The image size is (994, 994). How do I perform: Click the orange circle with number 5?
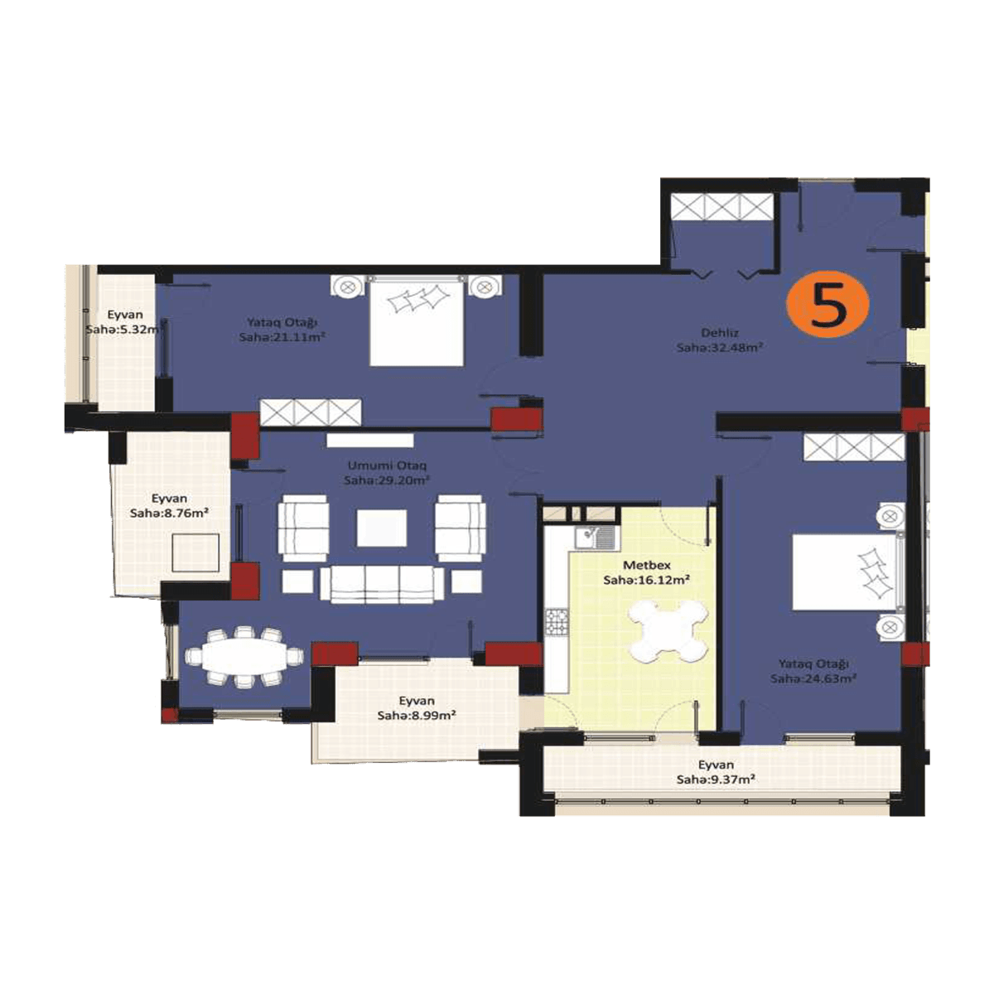pyautogui.click(x=828, y=306)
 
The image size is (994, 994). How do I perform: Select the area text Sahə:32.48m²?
pyautogui.click(x=719, y=348)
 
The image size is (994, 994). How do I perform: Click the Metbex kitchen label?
pyautogui.click(x=646, y=566)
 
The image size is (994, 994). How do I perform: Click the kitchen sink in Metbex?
pyautogui.click(x=596, y=538)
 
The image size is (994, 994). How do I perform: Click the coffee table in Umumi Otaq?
pyautogui.click(x=382, y=528)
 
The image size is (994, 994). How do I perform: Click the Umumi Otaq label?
pyautogui.click(x=388, y=465)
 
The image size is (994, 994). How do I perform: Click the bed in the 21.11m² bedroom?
pyautogui.click(x=416, y=321)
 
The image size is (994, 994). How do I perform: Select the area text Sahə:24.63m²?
pyautogui.click(x=813, y=678)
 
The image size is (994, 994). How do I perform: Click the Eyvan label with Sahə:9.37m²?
pyautogui.click(x=716, y=765)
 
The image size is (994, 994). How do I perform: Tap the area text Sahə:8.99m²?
pyautogui.click(x=417, y=716)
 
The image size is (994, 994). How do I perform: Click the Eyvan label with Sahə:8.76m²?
pyautogui.click(x=169, y=499)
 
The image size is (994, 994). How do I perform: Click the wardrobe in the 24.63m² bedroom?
pyautogui.click(x=854, y=448)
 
